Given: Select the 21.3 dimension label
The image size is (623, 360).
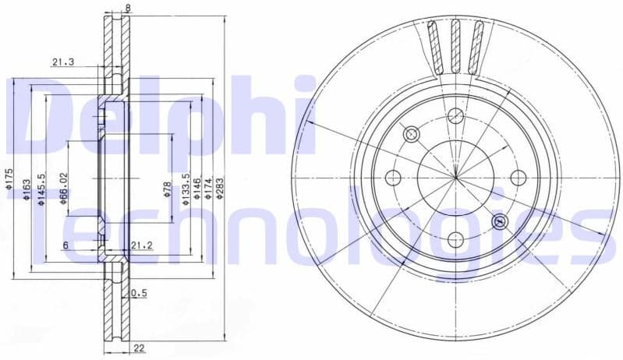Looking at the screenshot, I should [64, 64].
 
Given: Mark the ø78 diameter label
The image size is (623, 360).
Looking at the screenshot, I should [167, 189].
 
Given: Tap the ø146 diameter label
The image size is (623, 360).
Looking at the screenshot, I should [197, 188].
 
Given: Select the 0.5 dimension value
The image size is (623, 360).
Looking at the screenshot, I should [139, 293].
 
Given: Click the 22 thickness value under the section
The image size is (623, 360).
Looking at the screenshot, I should [138, 348].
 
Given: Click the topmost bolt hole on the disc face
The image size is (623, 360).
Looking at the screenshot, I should [456, 116].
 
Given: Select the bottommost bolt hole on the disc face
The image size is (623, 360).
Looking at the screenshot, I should [456, 239].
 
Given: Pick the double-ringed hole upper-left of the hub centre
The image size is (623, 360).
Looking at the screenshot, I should [412, 135].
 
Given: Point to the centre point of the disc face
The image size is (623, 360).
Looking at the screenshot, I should [456, 178].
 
